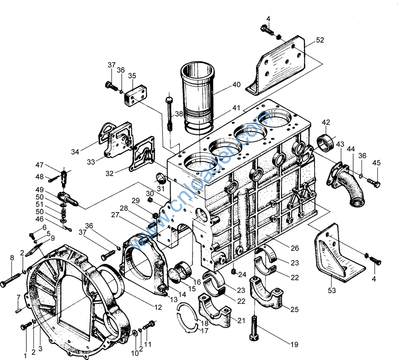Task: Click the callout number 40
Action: click(x=236, y=85)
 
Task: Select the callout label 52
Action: click(x=320, y=40)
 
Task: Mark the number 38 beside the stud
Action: click(x=179, y=114)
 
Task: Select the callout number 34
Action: click(x=75, y=152)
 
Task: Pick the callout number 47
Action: click(x=40, y=165)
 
